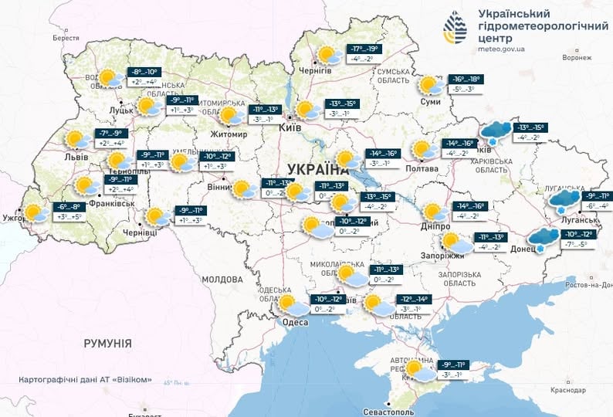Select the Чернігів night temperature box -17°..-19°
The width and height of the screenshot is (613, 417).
click(367, 48)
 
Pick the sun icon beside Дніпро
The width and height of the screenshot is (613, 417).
click(432, 212)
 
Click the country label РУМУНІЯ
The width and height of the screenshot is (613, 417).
click(107, 343)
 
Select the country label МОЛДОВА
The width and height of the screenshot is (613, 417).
click(222, 279)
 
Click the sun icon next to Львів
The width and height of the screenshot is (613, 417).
click(76, 140)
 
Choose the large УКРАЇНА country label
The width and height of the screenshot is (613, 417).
click(317, 169)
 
